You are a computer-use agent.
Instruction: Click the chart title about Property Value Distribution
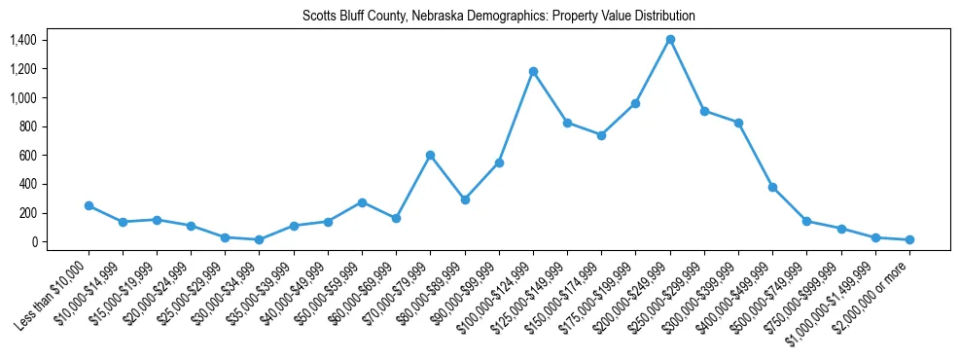click(x=499, y=17)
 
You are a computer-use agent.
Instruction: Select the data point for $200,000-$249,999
click(x=670, y=40)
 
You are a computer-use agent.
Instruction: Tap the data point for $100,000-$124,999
click(x=533, y=71)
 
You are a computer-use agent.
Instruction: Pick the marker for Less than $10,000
click(x=89, y=205)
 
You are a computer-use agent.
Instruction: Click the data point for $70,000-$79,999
click(x=430, y=155)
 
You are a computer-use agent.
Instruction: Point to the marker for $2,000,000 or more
click(x=909, y=239)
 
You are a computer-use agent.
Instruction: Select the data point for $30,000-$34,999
click(x=260, y=239)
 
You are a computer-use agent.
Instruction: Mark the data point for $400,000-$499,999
click(x=772, y=187)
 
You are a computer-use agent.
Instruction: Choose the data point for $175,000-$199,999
click(x=635, y=103)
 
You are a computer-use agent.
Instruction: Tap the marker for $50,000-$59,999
click(x=362, y=202)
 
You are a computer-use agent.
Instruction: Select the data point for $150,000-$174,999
click(x=601, y=135)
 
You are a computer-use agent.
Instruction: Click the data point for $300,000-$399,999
click(x=738, y=123)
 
